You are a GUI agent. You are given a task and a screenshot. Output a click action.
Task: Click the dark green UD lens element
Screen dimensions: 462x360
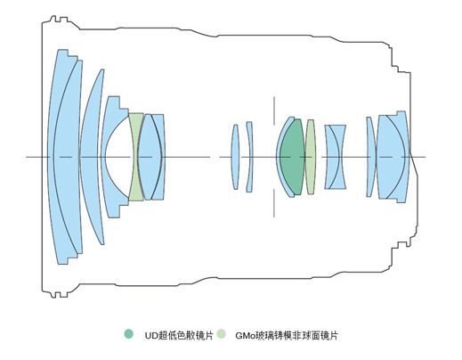point(292,157)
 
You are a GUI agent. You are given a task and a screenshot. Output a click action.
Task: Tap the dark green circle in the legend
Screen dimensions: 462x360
point(129,334)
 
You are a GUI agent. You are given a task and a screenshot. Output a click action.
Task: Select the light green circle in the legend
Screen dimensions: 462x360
point(221,334)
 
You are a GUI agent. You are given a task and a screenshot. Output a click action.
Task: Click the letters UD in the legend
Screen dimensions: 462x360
point(151,336)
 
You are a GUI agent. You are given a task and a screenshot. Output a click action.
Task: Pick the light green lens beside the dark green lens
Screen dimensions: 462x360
point(311,157)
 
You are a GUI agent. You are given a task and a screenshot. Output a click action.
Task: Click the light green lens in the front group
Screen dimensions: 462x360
point(136,157)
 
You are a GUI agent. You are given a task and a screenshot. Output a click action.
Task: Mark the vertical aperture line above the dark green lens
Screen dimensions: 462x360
point(274,110)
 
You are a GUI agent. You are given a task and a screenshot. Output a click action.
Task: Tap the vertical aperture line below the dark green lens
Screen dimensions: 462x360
point(274,203)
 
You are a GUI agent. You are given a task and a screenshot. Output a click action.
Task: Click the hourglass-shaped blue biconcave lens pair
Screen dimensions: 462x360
point(336,157)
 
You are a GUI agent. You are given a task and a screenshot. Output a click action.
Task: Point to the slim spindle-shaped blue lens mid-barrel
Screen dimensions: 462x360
point(235,157)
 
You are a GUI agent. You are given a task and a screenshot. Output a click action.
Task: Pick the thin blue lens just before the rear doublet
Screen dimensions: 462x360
point(370,157)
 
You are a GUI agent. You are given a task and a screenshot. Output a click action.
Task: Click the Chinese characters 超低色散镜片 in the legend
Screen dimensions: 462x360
point(186,336)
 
